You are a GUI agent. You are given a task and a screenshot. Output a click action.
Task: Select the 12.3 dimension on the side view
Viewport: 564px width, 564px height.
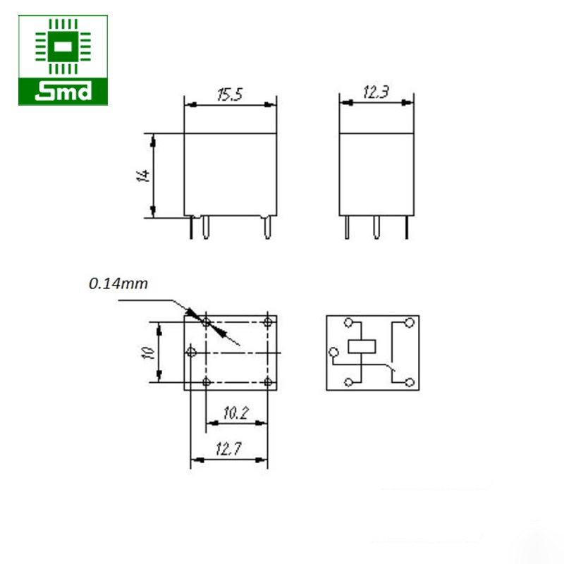376,92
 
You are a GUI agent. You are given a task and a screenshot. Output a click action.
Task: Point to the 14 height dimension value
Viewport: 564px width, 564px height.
144,175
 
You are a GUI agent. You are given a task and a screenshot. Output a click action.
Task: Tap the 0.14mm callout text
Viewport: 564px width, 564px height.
118,283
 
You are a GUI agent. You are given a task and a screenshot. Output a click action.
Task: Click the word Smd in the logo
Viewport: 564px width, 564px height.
63,91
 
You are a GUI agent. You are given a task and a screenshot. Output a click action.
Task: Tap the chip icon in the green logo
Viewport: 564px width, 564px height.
63,47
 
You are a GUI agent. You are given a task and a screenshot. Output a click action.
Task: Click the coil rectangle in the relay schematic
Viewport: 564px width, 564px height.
362,346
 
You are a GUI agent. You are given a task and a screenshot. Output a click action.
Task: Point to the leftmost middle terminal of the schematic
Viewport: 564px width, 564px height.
333,352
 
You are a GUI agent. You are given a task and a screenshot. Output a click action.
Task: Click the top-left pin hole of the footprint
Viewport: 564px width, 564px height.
206,322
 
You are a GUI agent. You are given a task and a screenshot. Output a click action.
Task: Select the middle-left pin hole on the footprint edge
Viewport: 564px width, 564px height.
190,351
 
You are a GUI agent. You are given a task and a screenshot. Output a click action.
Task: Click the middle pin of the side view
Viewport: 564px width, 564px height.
376,227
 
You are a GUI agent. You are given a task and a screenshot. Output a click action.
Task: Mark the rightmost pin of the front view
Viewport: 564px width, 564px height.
267,227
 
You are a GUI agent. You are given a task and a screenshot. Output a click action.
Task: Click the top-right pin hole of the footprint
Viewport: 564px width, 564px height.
268,322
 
